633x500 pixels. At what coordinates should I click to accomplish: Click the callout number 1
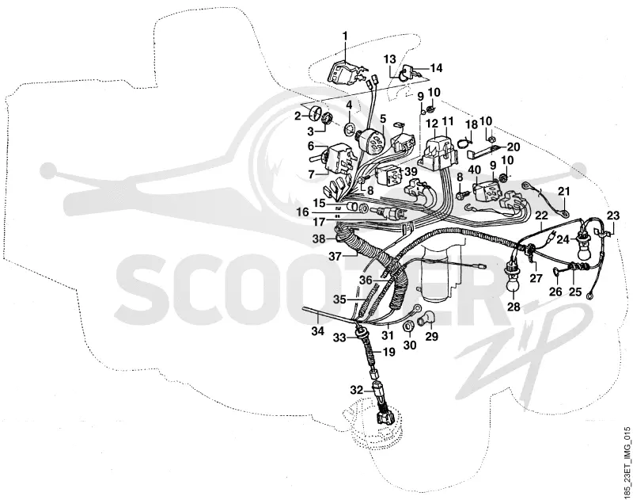345,36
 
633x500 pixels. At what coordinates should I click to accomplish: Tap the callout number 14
436,68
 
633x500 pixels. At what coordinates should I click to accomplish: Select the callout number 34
318,331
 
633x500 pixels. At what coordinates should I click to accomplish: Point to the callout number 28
514,307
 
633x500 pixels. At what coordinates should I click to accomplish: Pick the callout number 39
411,171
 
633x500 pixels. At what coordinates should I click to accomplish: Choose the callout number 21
564,192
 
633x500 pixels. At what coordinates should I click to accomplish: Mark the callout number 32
357,390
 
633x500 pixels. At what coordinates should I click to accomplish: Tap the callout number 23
612,216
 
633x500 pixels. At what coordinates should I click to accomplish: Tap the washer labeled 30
409,325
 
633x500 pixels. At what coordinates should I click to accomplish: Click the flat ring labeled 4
350,129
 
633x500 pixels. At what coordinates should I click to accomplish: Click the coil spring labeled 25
575,267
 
